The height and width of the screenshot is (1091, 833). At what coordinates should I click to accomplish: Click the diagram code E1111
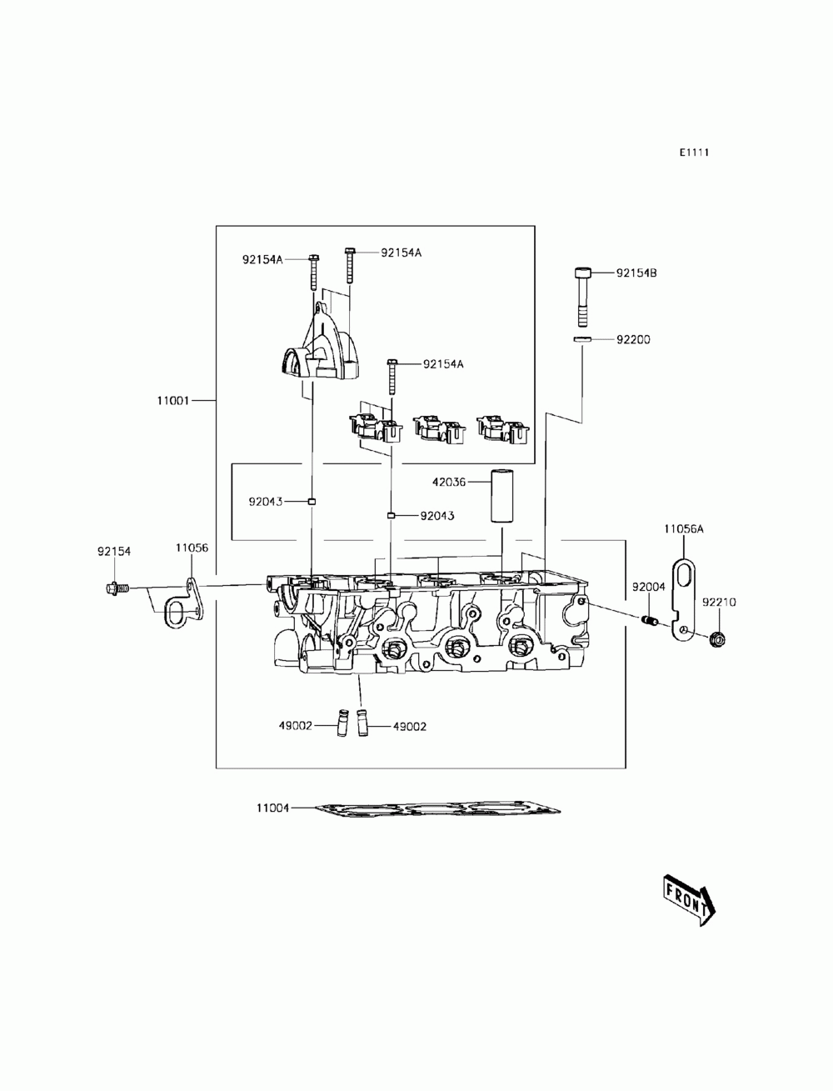coord(694,153)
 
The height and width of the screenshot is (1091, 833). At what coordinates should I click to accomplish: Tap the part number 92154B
coord(636,273)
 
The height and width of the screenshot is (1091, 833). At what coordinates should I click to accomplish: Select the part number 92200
coord(633,339)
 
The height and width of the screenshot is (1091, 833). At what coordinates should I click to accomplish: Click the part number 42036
coord(449,482)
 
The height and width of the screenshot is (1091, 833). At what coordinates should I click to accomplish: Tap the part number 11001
coord(174,400)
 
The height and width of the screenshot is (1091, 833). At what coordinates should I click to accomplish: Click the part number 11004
coord(273,808)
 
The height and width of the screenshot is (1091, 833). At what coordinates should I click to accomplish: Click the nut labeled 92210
coord(716,639)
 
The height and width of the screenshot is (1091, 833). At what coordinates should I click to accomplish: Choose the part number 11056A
coord(684,528)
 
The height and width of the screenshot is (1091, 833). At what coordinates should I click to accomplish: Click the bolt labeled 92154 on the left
coord(116,589)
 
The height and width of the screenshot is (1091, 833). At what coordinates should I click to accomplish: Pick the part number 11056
coord(192,548)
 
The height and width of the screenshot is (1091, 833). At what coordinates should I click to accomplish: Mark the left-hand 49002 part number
coord(295,726)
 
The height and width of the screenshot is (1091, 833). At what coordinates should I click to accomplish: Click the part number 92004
coord(648,587)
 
